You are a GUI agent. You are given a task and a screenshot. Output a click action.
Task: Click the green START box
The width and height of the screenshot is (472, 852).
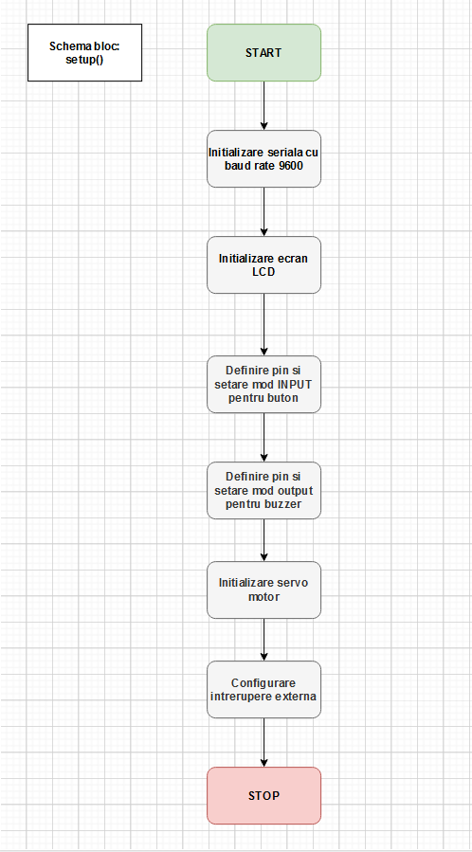click(264, 53)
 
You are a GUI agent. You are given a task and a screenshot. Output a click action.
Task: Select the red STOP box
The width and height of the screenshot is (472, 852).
click(264, 795)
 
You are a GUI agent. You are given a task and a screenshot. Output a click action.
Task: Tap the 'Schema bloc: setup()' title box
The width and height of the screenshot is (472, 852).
click(84, 53)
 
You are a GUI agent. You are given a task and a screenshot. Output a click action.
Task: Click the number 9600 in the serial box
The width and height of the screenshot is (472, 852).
click(290, 165)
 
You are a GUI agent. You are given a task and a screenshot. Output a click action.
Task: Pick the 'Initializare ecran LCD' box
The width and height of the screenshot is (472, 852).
click(264, 264)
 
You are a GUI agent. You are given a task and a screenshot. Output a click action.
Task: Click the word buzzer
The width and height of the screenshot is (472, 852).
click(287, 503)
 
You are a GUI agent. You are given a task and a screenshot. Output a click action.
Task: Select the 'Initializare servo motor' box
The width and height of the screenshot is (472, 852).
click(264, 589)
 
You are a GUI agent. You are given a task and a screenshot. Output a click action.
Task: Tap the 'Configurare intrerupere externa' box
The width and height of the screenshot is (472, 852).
click(264, 689)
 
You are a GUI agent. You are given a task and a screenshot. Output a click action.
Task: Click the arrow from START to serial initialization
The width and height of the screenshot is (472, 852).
click(264, 106)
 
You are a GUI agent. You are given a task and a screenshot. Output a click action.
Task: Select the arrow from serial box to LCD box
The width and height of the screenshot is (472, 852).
click(264, 212)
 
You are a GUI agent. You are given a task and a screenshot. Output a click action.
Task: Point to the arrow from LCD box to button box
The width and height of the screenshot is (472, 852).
click(264, 325)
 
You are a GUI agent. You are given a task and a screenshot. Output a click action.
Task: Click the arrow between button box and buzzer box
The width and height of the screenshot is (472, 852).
click(264, 438)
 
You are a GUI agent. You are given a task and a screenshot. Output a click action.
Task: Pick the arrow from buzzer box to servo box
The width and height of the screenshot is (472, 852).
click(264, 540)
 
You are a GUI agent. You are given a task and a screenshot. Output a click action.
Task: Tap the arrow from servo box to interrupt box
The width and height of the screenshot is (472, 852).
click(264, 640)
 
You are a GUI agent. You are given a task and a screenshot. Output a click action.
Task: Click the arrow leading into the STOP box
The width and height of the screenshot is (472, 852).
click(264, 742)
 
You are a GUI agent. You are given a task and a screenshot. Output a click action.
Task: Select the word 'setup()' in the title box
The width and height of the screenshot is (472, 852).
click(84, 59)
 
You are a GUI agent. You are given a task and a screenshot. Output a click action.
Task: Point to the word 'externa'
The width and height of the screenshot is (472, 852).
click(298, 696)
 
